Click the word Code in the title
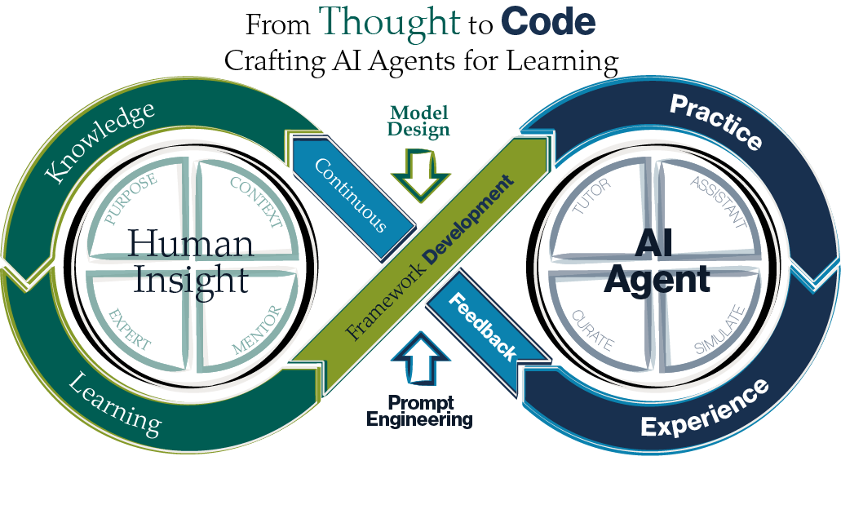[x=548, y=23]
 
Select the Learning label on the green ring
[x=114, y=403]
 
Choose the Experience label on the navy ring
[x=705, y=408]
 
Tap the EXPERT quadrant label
[x=130, y=329]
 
